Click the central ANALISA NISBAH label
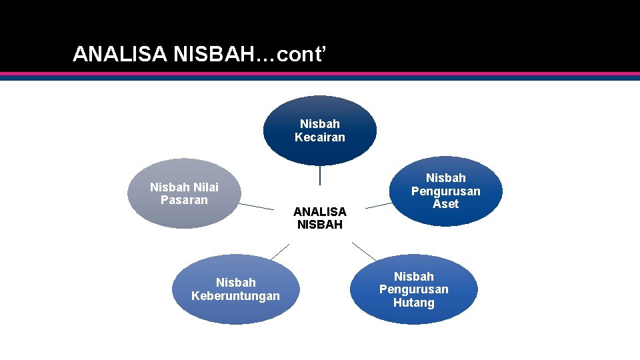[x=319, y=218]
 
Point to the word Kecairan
[x=320, y=137]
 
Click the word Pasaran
[x=184, y=200]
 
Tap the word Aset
[x=445, y=204]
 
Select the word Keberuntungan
[x=235, y=295]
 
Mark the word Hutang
[x=413, y=303]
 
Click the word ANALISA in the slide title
[x=119, y=55]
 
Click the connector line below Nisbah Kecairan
[x=320, y=175]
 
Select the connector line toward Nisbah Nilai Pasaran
[x=256, y=206]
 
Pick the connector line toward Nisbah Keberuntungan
[x=280, y=251]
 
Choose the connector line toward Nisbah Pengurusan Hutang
[x=364, y=251]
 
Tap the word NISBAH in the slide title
[x=212, y=55]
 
